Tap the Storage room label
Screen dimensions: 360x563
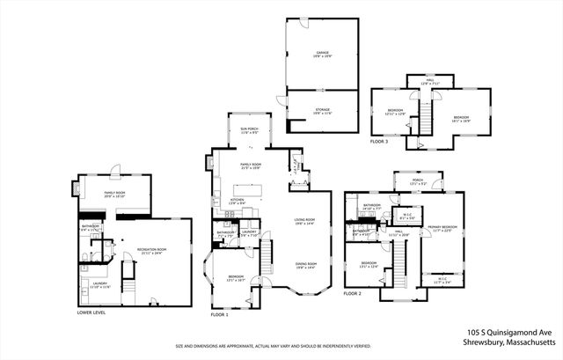point(323,112)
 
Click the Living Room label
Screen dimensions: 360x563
point(304,223)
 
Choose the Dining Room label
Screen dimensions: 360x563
point(304,265)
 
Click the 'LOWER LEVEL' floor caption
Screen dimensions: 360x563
point(91,312)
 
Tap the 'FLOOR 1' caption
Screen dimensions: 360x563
point(219,313)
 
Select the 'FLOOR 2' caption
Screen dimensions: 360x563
point(353,292)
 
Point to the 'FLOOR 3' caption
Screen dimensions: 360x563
point(378,141)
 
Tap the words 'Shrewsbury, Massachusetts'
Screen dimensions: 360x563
point(509,342)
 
